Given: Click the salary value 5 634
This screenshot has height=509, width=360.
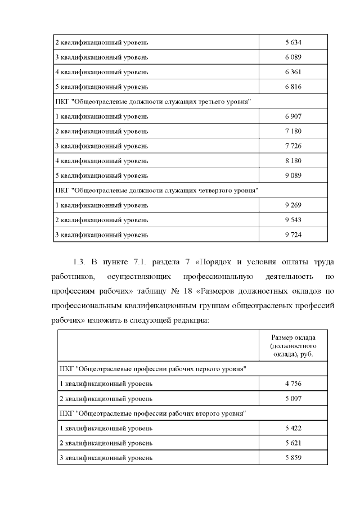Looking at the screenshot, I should point(294,43).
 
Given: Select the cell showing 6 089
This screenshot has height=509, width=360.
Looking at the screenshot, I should point(294,57).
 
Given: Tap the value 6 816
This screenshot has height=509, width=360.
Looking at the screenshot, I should point(294,87).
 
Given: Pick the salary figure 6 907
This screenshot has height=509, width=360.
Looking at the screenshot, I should point(294,116).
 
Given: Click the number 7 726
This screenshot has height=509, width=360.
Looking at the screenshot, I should point(294,146).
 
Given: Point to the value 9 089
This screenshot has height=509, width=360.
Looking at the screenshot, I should point(294,175).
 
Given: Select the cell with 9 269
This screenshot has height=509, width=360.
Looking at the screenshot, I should point(294,205).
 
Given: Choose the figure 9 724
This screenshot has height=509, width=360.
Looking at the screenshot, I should point(294,235).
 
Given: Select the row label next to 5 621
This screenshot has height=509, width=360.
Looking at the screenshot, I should point(106,443).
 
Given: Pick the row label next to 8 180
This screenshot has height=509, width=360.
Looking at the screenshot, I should point(101,161).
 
